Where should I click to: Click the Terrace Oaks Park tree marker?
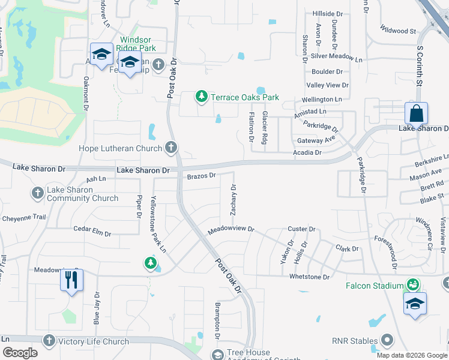coord(202,97)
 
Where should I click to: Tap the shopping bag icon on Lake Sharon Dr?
coord(416,113)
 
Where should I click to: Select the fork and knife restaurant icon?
coord(71,280)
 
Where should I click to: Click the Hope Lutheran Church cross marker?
coord(171,147)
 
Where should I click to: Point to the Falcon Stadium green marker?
coord(412,284)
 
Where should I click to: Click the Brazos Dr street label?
coord(201,176)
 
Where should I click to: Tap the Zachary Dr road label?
coord(233,199)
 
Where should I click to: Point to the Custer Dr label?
coord(301,229)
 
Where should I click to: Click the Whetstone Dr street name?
coord(310,277)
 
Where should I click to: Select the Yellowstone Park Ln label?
coord(158,224)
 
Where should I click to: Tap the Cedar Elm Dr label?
coord(92,229)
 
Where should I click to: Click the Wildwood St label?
coord(399,30)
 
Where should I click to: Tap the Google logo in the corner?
coord(20,353)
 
